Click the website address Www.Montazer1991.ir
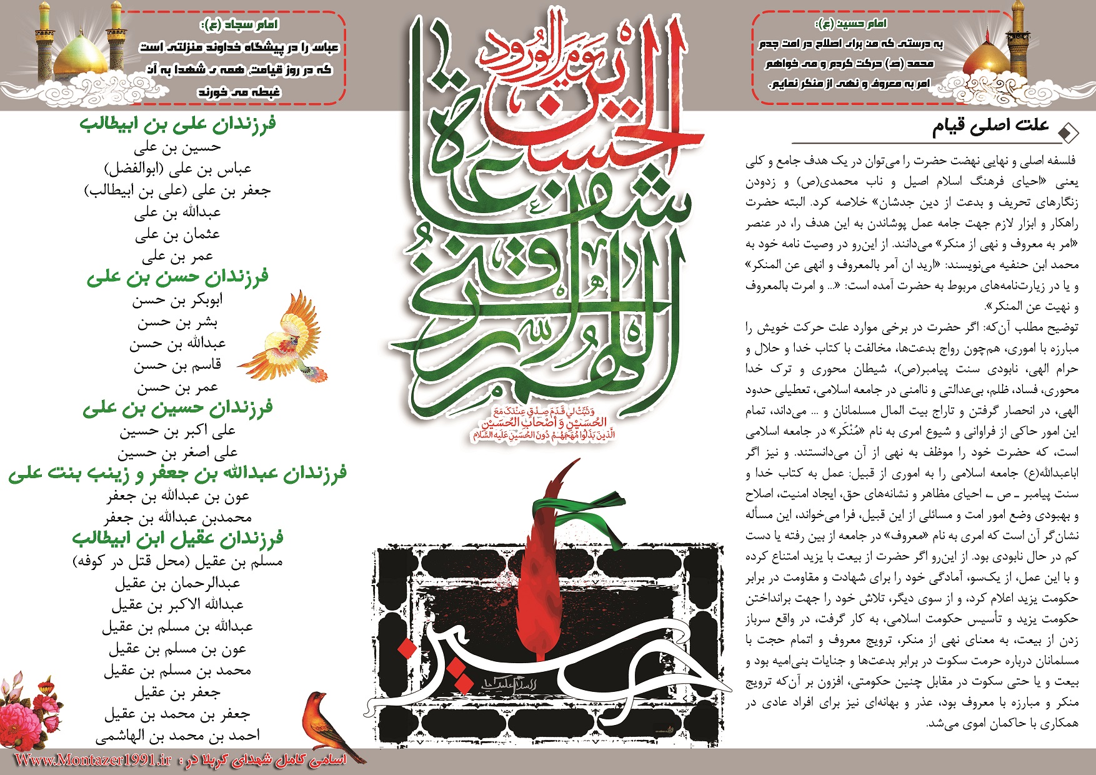(x=93, y=760)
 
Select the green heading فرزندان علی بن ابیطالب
(x=178, y=123)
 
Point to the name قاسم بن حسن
(x=177, y=365)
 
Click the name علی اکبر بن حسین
(x=177, y=431)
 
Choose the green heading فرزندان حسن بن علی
(x=177, y=277)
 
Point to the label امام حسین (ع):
(x=851, y=24)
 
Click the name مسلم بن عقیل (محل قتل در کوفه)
(x=177, y=561)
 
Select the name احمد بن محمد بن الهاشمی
(x=177, y=736)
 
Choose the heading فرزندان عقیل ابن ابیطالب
(x=177, y=538)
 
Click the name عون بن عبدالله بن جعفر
(x=177, y=496)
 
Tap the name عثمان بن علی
(x=177, y=235)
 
